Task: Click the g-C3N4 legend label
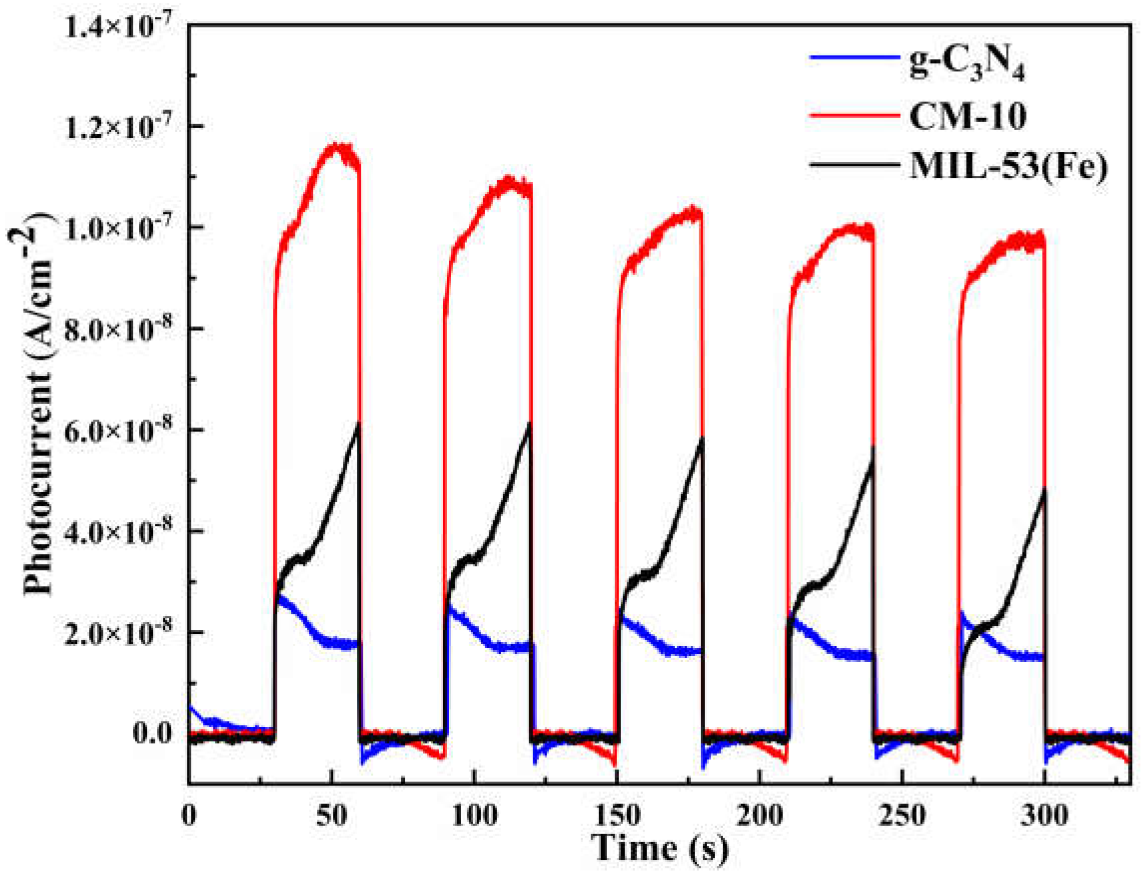967,66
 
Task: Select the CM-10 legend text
967,117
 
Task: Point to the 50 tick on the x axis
331,816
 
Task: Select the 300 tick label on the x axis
1044,816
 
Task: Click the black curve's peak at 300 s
1042,488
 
